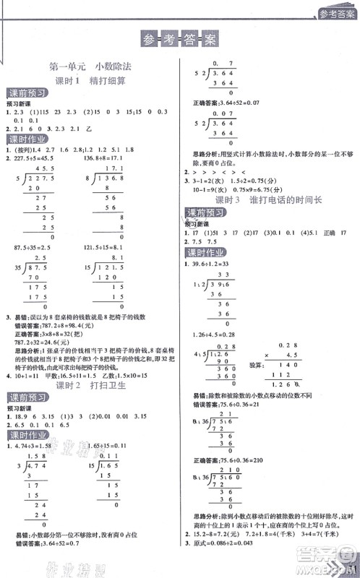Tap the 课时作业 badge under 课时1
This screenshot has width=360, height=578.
pyautogui.click(x=27, y=139)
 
